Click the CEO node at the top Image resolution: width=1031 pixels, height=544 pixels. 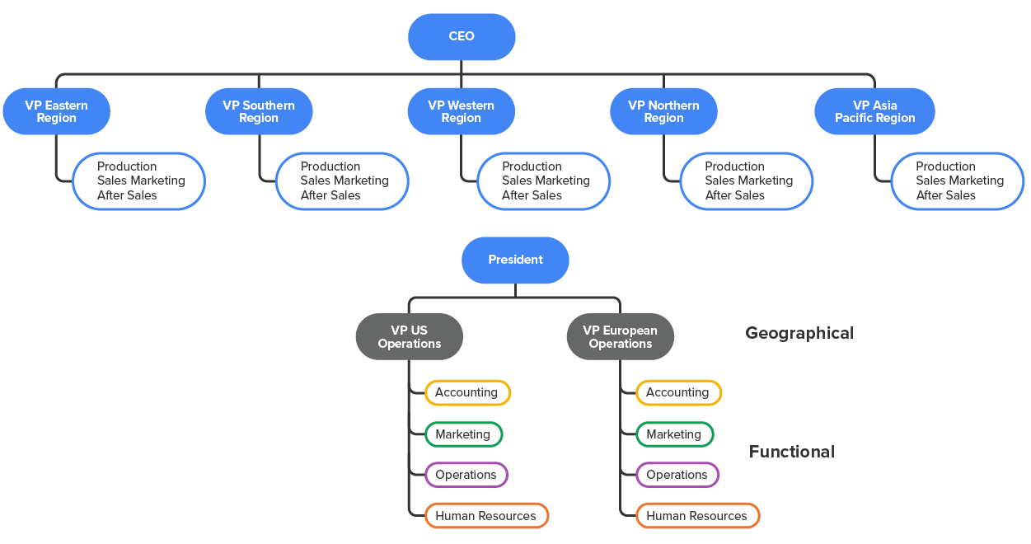pos(462,37)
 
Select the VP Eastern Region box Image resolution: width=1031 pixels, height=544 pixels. pos(56,111)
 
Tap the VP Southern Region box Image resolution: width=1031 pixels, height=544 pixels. pos(259,111)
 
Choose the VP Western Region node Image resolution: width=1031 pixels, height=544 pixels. pos(462,111)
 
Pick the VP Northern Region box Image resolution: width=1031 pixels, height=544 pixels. pos(663,111)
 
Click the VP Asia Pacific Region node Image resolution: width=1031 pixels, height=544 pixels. pos(874,111)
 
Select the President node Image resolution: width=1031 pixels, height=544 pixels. pos(515,260)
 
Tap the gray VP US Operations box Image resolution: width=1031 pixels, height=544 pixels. pos(410,336)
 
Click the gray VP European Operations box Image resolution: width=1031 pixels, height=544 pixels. pos(621,336)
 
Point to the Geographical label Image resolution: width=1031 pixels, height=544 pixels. pos(799,333)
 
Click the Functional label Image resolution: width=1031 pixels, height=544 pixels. pos(792,452)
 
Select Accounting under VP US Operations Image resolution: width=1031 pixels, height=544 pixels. pos(467,392)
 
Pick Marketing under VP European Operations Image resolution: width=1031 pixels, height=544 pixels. pos(674,434)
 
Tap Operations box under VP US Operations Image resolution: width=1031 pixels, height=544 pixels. pos(466,475)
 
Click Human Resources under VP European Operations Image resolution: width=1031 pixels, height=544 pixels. pos(697,516)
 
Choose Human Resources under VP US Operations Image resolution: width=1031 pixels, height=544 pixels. pos(486,516)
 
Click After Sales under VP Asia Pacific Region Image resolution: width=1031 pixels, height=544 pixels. pos(946,195)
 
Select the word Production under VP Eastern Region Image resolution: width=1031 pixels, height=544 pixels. pos(127,166)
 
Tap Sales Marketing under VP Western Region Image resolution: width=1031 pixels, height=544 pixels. pos(546,181)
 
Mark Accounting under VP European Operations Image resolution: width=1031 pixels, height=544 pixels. pos(678,392)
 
